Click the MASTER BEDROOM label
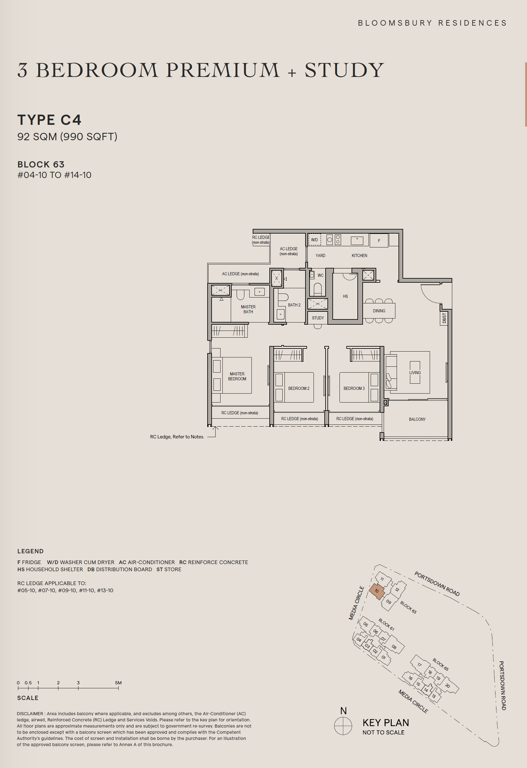tap(237, 376)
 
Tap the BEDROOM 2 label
tap(299, 388)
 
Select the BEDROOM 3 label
tap(354, 388)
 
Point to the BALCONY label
tap(417, 419)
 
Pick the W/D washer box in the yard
tap(314, 240)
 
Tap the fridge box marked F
tap(379, 241)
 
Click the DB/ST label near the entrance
tap(444, 318)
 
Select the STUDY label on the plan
tap(318, 318)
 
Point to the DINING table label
tap(379, 311)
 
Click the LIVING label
tap(415, 373)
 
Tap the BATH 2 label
tap(294, 305)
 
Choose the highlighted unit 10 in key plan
tap(377, 591)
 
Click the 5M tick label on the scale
tap(118, 683)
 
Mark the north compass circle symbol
tap(343, 726)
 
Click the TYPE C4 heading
tap(49, 120)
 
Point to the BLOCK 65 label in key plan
tap(441, 665)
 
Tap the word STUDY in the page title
tap(344, 70)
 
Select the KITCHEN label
tap(359, 255)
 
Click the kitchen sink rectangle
tap(357, 241)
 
